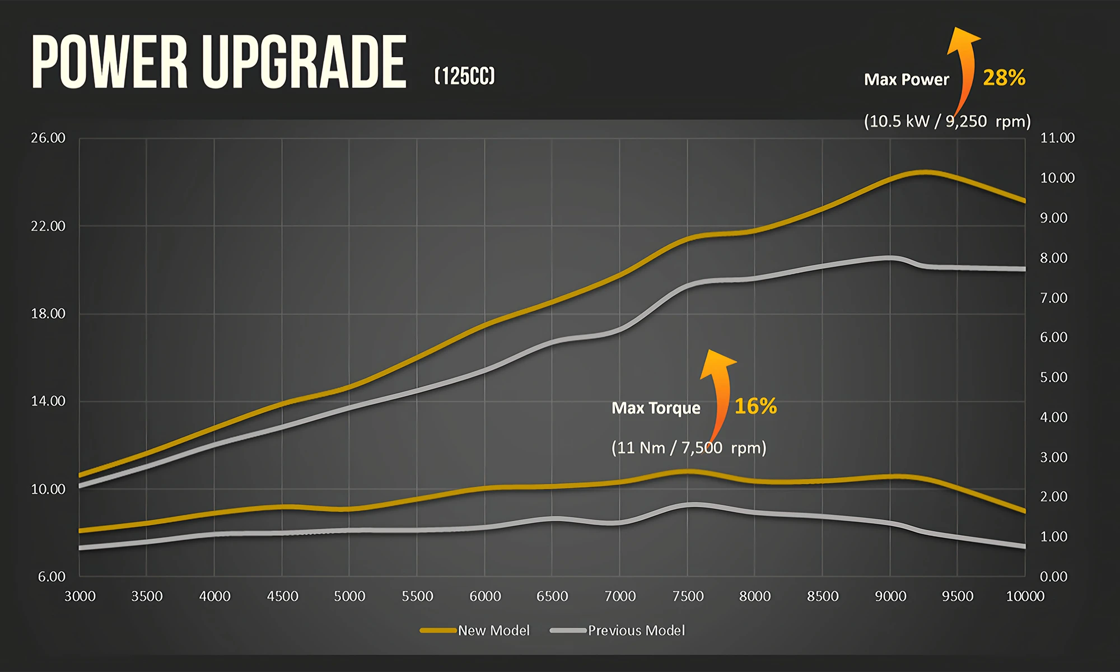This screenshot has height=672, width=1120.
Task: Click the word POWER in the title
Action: [109, 62]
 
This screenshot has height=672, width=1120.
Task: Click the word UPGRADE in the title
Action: [304, 62]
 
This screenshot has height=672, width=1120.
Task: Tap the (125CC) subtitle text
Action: [465, 76]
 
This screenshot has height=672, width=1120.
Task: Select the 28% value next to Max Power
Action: [1004, 78]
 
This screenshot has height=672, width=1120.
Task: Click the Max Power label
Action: [906, 80]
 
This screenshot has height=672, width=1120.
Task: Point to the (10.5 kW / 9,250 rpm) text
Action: [947, 121]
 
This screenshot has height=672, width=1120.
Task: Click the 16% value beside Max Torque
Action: [755, 406]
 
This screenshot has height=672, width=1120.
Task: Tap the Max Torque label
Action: [656, 408]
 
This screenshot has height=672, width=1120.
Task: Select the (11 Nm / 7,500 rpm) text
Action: [689, 447]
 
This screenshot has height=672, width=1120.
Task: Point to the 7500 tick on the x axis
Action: [688, 596]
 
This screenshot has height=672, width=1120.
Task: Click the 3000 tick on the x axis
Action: [80, 596]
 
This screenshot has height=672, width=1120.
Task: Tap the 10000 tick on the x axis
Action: [1025, 596]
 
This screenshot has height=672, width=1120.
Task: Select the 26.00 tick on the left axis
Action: [48, 138]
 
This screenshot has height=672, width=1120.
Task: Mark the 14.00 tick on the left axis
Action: [48, 401]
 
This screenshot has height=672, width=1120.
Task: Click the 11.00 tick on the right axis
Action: [1057, 138]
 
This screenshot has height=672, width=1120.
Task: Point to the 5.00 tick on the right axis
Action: [1053, 377]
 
